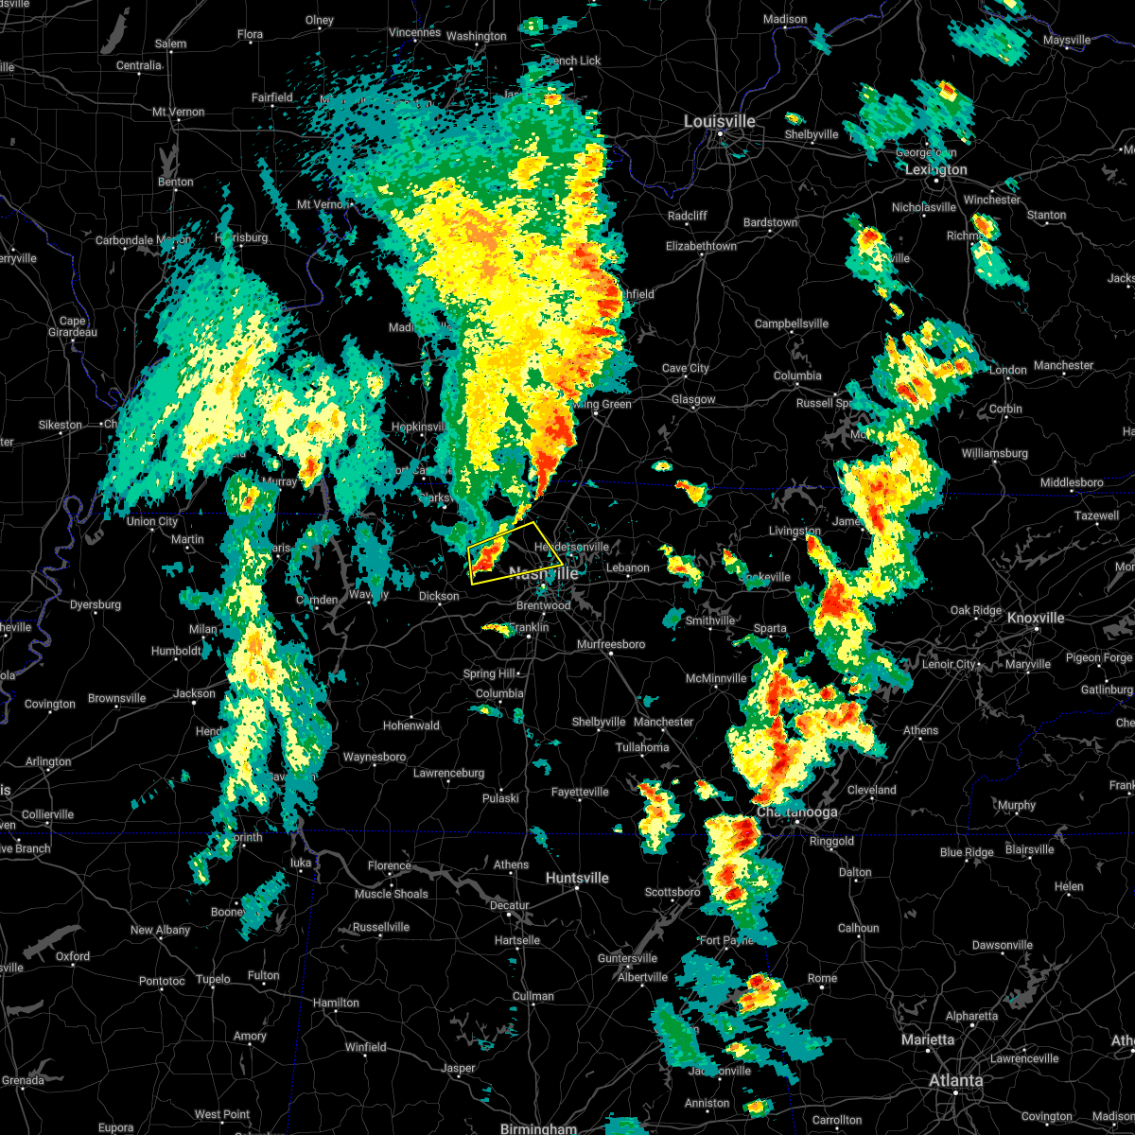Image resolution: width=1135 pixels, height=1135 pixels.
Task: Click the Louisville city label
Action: [720, 122]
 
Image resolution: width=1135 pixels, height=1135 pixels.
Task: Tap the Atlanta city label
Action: [955, 1080]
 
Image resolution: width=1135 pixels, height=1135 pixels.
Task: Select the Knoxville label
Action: [1036, 618]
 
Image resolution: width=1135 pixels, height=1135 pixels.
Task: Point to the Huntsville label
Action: [577, 878]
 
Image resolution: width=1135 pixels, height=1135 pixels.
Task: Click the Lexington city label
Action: [936, 170]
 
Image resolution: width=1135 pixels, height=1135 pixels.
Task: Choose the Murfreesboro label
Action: [611, 645]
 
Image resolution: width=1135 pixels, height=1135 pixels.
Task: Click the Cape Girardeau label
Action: [73, 326]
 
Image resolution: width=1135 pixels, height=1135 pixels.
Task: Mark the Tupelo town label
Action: [213, 979]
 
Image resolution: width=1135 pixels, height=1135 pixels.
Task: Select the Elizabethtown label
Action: [701, 246]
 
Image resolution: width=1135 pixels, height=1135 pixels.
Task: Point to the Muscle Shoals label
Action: [391, 894]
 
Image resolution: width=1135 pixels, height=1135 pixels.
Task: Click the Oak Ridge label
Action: [975, 611]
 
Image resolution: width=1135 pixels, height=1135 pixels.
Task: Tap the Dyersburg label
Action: [96, 604]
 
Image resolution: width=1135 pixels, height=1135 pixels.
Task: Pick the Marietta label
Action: [928, 1039]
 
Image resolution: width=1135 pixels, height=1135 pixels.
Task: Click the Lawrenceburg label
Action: [448, 773]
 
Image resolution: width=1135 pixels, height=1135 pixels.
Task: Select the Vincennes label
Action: [414, 33]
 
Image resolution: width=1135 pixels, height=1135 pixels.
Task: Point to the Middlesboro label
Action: [1072, 482]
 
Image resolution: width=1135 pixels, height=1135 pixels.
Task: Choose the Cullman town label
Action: [533, 996]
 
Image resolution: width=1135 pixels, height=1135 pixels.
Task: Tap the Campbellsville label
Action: [792, 323]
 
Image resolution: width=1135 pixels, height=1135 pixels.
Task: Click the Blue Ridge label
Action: [967, 852]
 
